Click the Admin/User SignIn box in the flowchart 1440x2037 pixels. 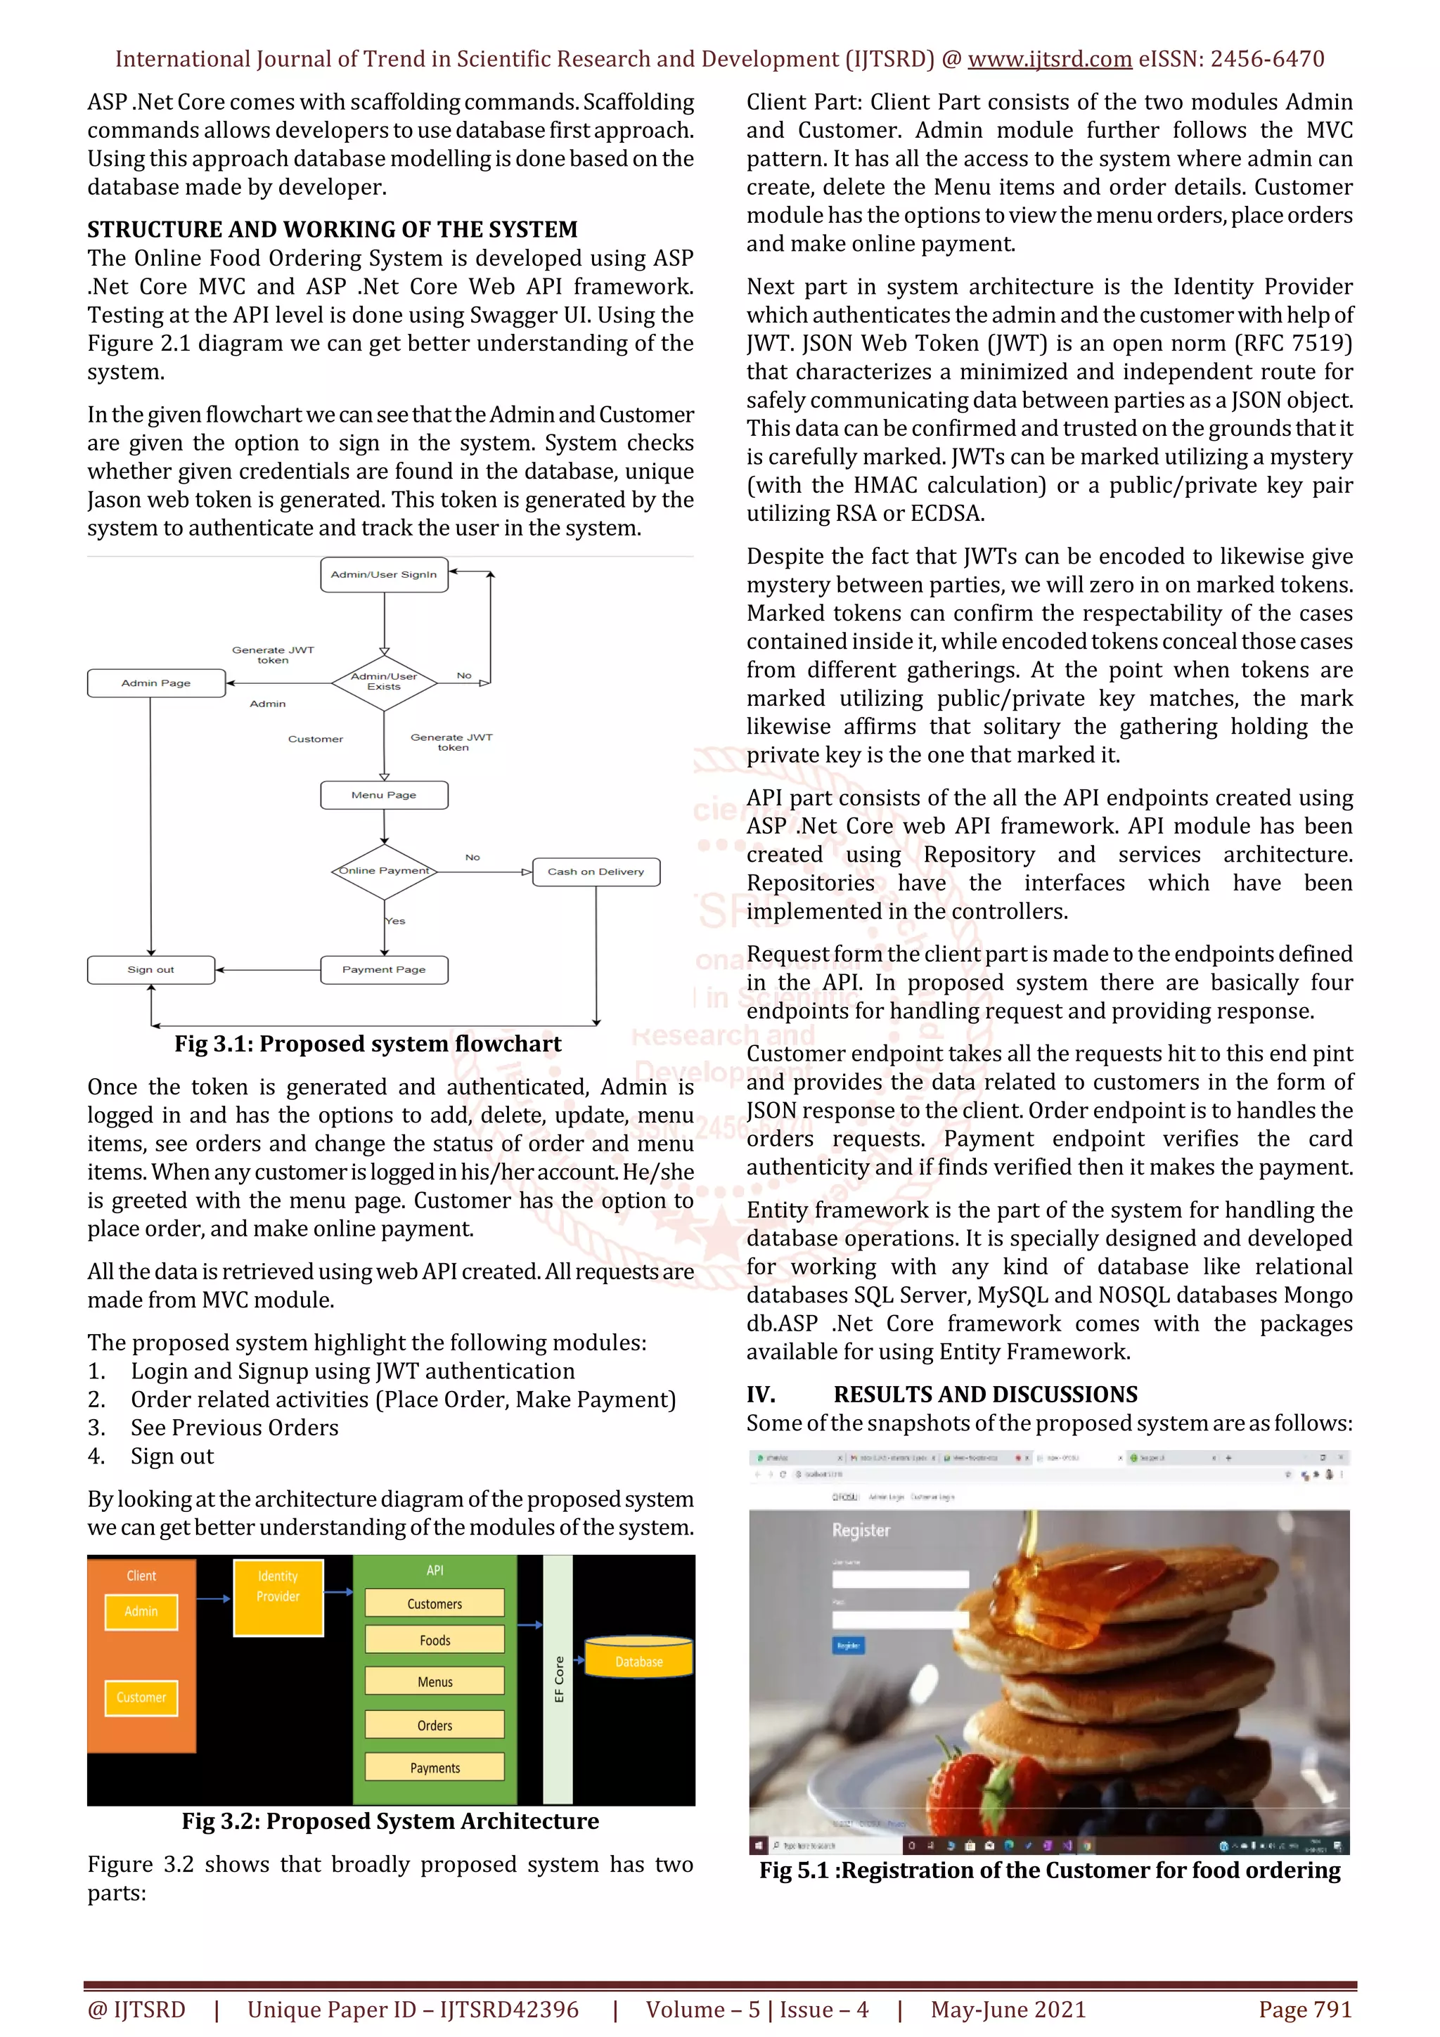[x=383, y=575]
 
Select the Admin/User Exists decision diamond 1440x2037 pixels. [x=384, y=683]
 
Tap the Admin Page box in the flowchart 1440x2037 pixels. [x=156, y=683]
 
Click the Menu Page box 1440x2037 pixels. [x=383, y=795]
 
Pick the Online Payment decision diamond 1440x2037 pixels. [x=384, y=871]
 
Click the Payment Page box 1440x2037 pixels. [x=383, y=970]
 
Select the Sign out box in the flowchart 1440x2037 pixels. [x=151, y=970]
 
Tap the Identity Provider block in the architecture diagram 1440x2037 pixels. [x=278, y=1597]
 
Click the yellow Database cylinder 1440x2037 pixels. [x=639, y=1658]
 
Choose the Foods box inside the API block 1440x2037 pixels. [x=435, y=1640]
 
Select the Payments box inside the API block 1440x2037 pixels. [x=435, y=1767]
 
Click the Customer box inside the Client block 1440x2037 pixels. [x=141, y=1697]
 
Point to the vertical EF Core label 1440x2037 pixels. [x=558, y=1679]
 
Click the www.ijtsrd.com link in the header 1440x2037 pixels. [x=1049, y=60]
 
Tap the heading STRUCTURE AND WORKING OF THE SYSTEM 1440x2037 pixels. [x=332, y=230]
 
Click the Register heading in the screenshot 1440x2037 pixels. [x=860, y=1530]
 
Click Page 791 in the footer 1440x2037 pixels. [x=1304, y=2010]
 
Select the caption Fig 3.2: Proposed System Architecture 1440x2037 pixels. [x=390, y=1821]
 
